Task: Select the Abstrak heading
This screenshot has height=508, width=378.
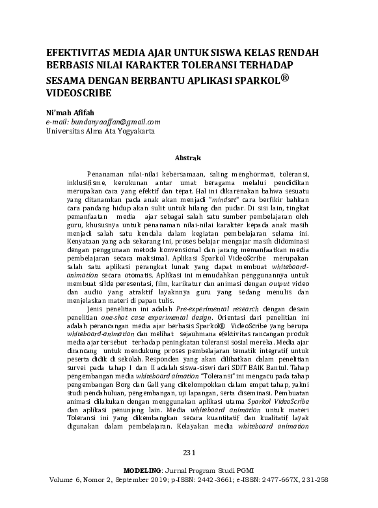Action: pyautogui.click(x=189, y=158)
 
